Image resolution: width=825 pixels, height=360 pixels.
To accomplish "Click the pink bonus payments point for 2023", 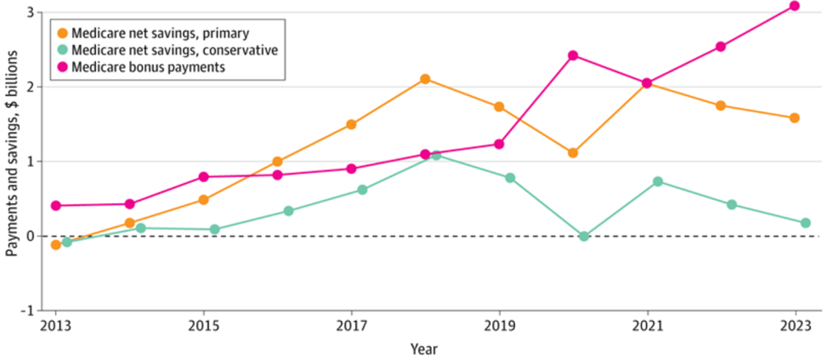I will point(795,6).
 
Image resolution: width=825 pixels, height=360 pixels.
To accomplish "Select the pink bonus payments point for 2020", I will point(573,55).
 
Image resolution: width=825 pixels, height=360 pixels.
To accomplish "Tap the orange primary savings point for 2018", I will point(425,79).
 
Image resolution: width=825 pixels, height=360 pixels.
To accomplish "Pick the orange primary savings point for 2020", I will point(573,153).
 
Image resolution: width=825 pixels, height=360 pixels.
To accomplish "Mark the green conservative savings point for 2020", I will point(584,236).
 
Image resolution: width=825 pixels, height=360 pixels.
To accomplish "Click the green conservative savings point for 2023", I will point(806,222).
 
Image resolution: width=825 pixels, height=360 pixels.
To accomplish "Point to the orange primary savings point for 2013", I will point(56,244).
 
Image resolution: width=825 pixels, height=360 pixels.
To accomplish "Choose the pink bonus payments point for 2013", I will point(56,205).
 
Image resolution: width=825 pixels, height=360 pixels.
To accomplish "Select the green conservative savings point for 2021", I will point(658,181).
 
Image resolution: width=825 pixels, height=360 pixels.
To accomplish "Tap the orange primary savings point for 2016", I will point(278,161).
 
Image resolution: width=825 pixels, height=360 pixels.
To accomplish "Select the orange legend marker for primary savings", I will point(62,32).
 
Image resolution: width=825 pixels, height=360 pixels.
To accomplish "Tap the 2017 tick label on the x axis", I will point(352,325).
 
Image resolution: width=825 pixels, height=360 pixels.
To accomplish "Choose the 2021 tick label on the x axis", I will point(647,325).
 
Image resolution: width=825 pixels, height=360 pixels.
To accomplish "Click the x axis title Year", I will point(425,347).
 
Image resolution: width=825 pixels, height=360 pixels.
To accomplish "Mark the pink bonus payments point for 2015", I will point(204,177).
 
